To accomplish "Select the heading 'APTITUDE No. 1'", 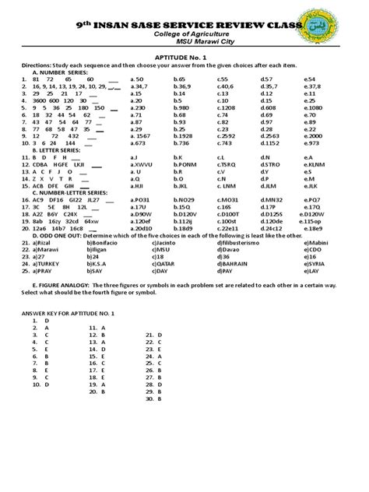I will (184, 57).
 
